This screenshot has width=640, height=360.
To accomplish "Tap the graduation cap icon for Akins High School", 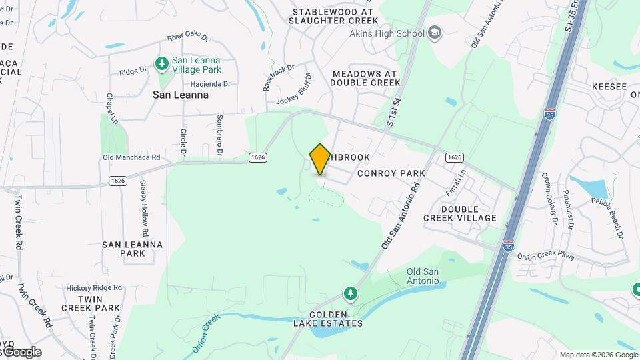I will coord(435,33).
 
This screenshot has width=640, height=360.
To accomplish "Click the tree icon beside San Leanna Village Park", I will coord(161,64).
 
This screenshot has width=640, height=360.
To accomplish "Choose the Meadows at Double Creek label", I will coord(365,78).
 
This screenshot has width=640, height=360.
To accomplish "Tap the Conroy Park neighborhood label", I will coord(391,173).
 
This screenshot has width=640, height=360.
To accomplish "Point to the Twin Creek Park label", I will coord(90,303).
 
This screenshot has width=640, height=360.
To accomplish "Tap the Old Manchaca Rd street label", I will coord(131,157).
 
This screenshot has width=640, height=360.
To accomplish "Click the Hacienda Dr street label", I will coord(210,84).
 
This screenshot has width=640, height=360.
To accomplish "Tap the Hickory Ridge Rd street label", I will coord(94,287).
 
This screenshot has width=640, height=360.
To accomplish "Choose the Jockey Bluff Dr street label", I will coord(294,89).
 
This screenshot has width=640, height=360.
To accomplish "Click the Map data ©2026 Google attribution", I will coord(599,355).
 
